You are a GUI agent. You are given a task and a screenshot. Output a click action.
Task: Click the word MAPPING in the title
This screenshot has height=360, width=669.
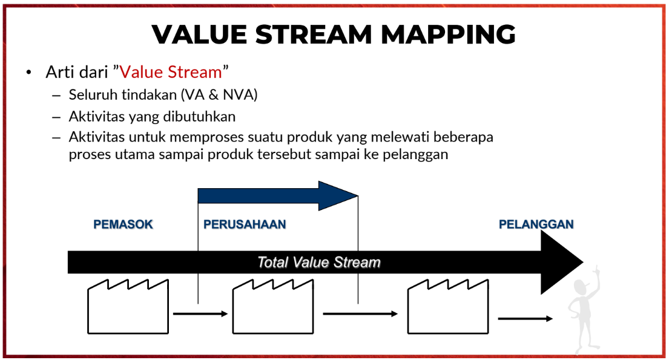click(x=448, y=34)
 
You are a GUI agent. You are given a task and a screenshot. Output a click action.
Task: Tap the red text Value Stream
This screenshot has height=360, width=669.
click(x=171, y=71)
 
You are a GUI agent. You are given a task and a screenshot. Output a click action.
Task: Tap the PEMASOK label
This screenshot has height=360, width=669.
click(x=123, y=224)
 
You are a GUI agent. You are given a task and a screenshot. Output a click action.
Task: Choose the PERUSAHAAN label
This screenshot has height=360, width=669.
click(x=245, y=224)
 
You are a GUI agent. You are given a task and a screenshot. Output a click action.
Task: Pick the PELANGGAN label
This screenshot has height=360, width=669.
click(x=536, y=224)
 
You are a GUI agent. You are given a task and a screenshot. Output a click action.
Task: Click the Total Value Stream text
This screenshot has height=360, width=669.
click(x=318, y=262)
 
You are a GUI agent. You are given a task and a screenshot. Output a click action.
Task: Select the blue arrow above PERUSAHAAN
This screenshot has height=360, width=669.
click(x=278, y=196)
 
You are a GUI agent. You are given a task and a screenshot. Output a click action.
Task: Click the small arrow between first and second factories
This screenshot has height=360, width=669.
click(x=200, y=314)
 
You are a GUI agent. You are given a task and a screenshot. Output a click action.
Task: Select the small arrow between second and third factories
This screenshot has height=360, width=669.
click(x=360, y=314)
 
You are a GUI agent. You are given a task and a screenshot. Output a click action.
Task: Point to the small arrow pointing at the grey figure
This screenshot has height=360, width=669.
click(x=526, y=318)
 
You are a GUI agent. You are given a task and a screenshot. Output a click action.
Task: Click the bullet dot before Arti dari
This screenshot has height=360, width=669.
click(x=28, y=72)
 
